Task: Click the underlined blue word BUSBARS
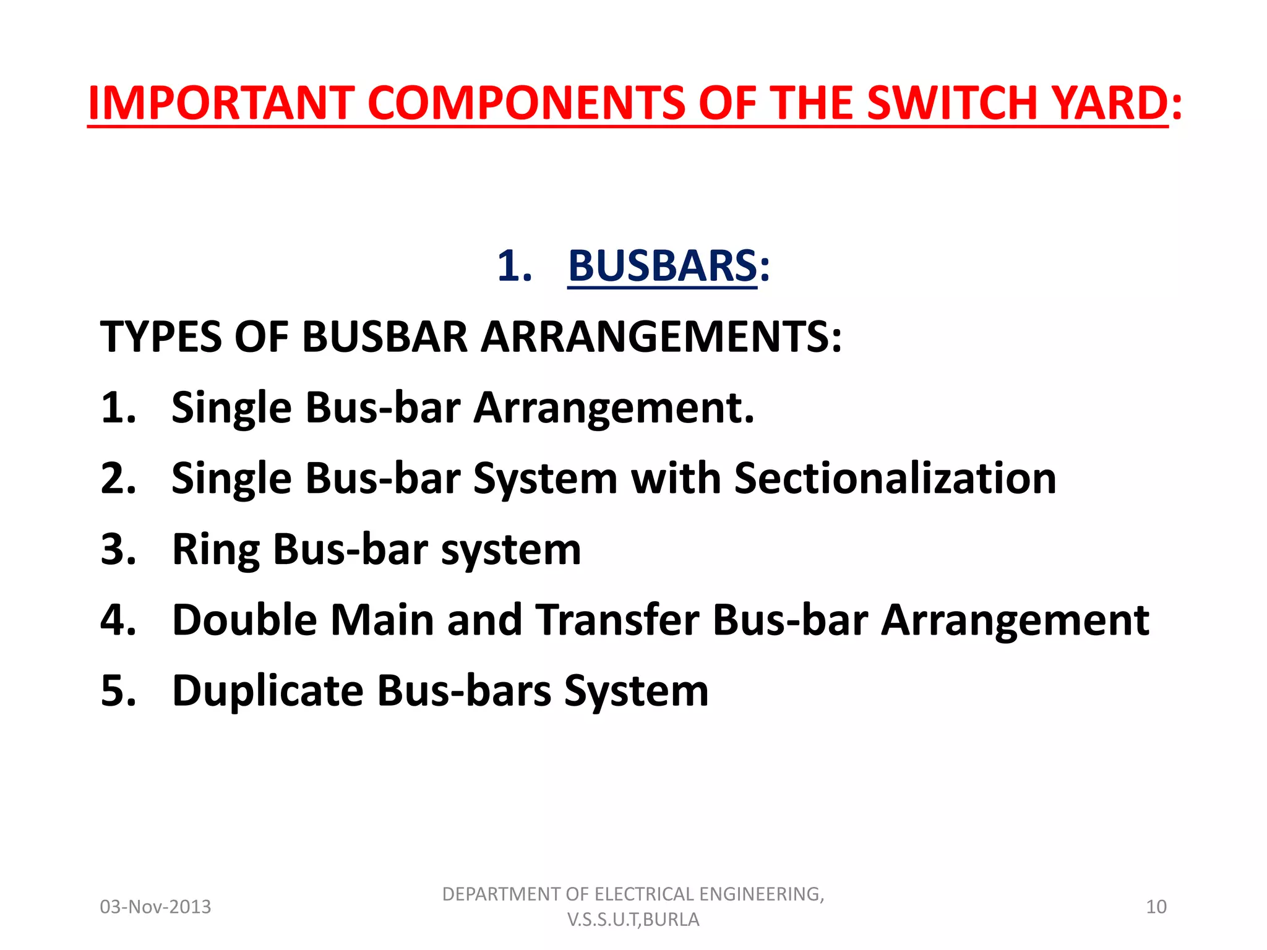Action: click(x=662, y=266)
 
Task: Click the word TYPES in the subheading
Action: click(x=160, y=337)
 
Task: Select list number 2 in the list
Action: click(x=118, y=479)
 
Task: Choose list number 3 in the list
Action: click(x=118, y=550)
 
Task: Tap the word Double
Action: click(x=244, y=620)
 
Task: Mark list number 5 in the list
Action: click(x=118, y=691)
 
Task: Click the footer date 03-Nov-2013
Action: click(x=155, y=907)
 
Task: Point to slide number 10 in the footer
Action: click(x=1156, y=907)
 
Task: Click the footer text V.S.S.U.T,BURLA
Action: click(x=633, y=920)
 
